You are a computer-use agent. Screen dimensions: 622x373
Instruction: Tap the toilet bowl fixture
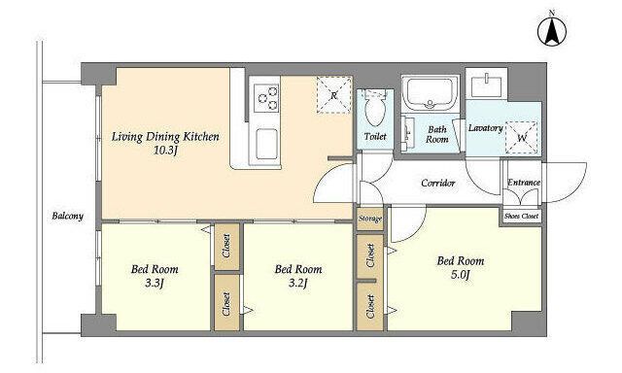(x=374, y=108)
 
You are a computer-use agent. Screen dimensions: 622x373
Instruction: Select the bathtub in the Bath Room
(x=430, y=92)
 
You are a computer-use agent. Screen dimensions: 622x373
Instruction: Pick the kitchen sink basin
(x=266, y=145)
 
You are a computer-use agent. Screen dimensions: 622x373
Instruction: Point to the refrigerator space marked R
(x=334, y=95)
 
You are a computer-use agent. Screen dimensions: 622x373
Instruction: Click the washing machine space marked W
(x=522, y=138)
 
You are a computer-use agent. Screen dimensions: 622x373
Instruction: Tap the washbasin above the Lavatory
(x=486, y=85)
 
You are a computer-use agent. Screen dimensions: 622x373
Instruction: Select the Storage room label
(x=370, y=219)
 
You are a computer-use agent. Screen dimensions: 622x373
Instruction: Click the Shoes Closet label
(x=521, y=217)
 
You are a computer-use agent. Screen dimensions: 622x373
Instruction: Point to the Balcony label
(x=68, y=217)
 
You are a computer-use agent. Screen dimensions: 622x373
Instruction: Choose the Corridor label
(x=438, y=184)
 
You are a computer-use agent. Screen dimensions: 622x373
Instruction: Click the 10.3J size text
(x=165, y=151)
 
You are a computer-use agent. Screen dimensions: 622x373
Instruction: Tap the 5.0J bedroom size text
(x=460, y=274)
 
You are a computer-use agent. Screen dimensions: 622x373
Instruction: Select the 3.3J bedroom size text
(x=154, y=283)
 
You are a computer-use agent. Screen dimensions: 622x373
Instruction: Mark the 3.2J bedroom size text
(x=298, y=283)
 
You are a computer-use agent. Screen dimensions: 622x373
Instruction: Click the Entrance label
(x=524, y=183)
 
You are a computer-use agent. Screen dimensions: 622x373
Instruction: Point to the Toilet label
(x=375, y=136)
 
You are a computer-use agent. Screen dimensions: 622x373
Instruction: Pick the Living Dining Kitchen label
(x=165, y=137)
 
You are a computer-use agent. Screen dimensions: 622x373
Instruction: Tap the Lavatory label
(x=486, y=128)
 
